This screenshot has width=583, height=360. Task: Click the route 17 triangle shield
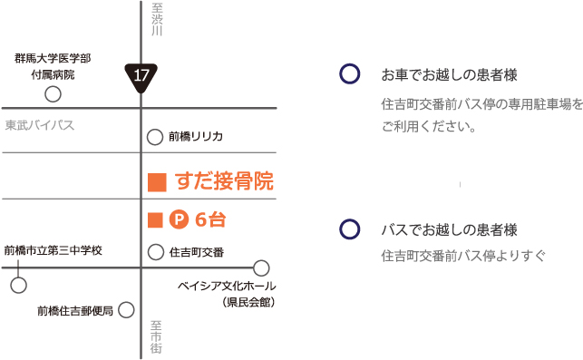tap(141, 78)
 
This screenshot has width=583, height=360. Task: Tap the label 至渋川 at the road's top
tap(157, 19)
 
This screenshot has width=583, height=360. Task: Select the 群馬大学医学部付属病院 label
tap(53, 66)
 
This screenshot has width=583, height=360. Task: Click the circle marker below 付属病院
tap(53, 93)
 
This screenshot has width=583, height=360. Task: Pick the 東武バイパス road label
tap(39, 124)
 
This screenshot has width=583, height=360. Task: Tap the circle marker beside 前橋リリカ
tap(155, 137)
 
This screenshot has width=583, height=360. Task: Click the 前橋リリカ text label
tap(196, 137)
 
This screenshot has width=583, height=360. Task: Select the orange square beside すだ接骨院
tap(156, 182)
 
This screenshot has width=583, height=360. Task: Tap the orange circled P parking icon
tap(179, 219)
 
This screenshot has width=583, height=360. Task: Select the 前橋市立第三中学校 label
tap(53, 249)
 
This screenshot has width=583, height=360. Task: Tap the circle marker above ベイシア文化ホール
tap(261, 268)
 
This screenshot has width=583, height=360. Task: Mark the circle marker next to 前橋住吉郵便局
tap(125, 310)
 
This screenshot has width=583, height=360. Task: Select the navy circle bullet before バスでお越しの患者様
tap(347, 229)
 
